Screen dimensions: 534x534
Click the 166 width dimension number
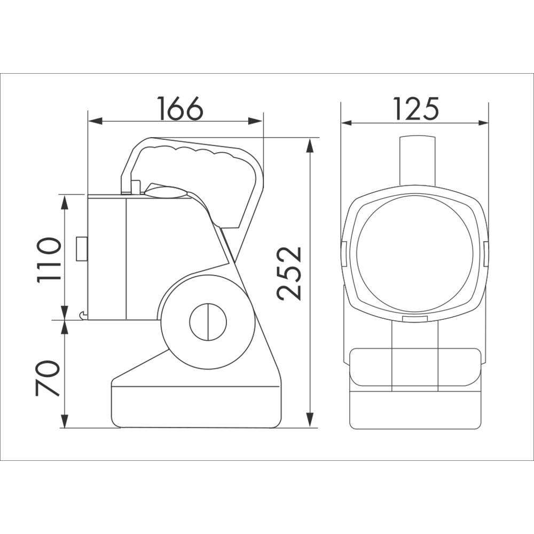point(180,108)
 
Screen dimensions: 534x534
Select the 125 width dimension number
point(416,108)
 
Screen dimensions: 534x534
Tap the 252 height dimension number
point(290,273)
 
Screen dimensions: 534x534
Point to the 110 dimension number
point(49,260)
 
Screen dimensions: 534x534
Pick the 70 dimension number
point(48,378)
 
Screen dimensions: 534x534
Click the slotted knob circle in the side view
point(208,322)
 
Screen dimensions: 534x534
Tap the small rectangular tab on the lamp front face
point(82,249)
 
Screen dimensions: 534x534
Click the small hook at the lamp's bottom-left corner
point(82,316)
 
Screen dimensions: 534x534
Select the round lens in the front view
point(415,254)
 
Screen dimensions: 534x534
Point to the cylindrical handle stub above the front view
point(418,159)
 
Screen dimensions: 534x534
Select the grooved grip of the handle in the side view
point(198,153)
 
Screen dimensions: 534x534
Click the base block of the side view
point(195,406)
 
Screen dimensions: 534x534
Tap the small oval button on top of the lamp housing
point(165,192)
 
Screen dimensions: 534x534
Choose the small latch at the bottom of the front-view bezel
point(415,319)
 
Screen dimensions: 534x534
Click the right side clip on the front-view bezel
point(486,254)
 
